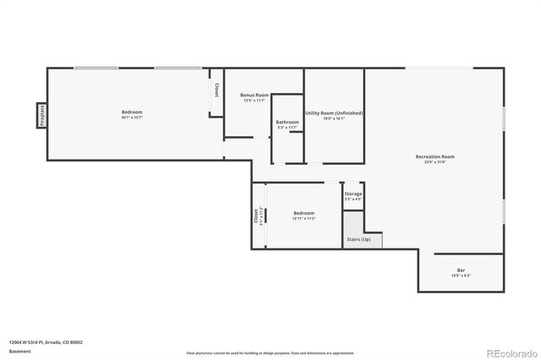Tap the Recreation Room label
coord(435,156)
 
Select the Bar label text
coord(461,270)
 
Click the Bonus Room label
coord(254,95)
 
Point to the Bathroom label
coord(287,123)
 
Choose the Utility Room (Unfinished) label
coord(334,112)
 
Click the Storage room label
coord(353,194)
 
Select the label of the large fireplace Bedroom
coord(132,112)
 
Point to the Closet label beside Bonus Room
coord(216,90)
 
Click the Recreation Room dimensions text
coord(435,162)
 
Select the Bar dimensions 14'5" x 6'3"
coord(461,276)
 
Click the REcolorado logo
coord(508,352)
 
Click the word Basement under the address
coord(19,351)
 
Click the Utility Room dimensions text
coord(334,118)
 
